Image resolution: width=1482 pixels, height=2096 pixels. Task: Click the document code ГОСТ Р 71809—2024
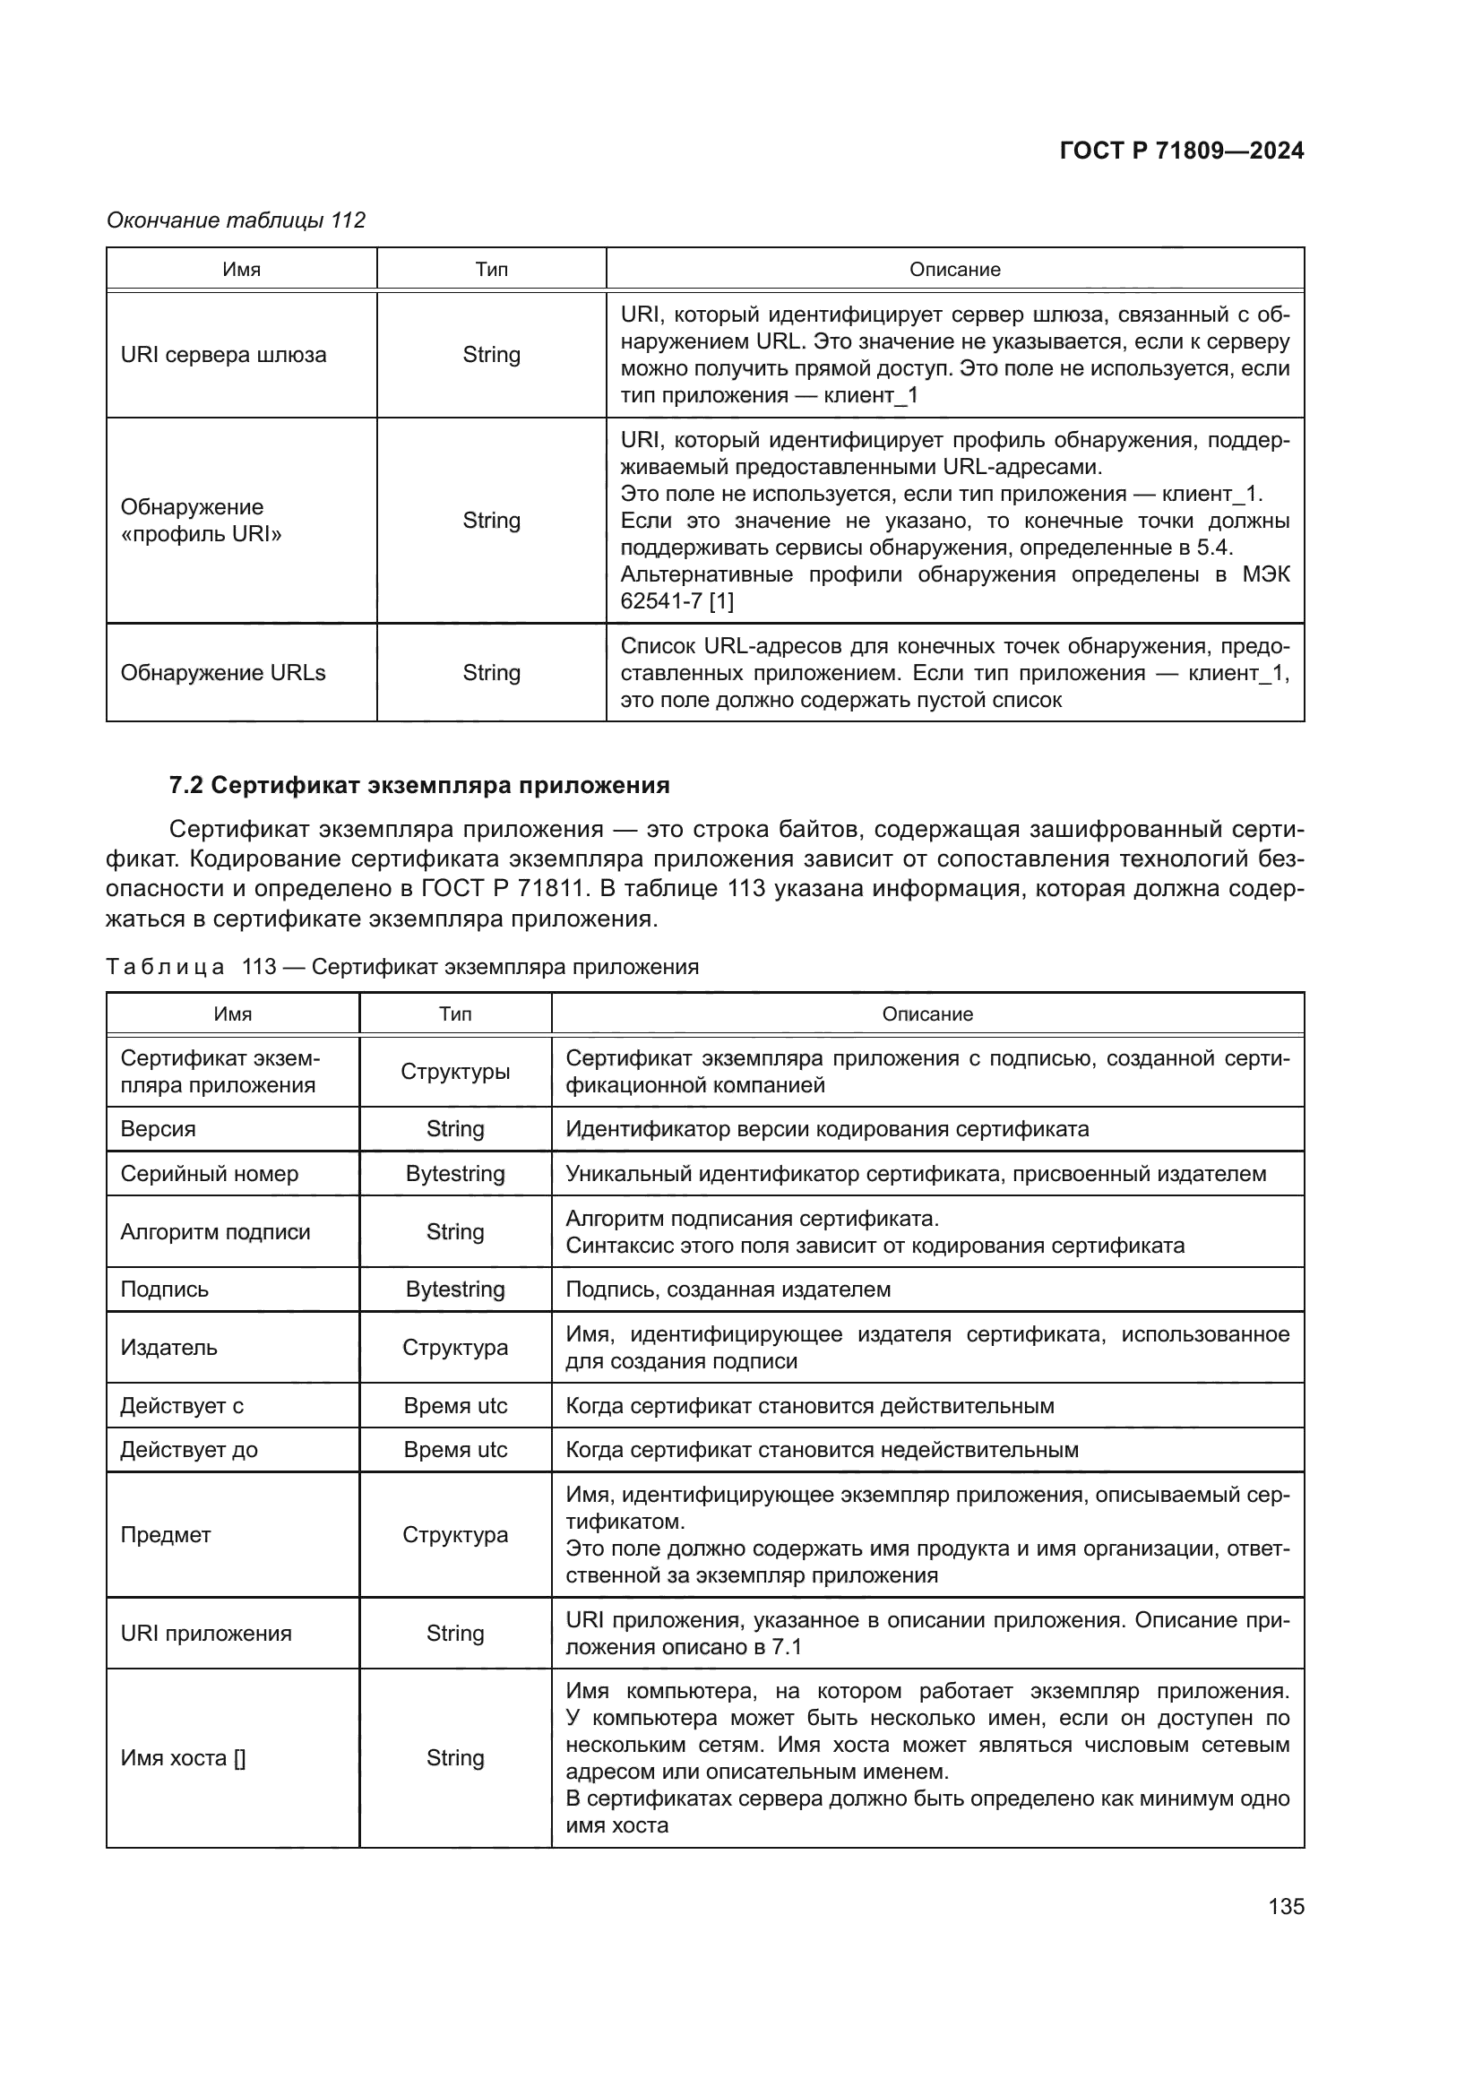(1181, 151)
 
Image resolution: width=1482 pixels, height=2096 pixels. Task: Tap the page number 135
(1285, 1906)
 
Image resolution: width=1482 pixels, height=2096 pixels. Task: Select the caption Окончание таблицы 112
(236, 220)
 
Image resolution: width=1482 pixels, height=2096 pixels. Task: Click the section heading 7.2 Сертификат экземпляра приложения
(418, 785)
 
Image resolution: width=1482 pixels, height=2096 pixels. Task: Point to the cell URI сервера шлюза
(224, 355)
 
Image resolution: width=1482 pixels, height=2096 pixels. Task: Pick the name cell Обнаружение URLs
(223, 673)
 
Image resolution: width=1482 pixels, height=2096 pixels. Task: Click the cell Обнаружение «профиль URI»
(201, 521)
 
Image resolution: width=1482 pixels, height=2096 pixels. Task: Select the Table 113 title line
(401, 967)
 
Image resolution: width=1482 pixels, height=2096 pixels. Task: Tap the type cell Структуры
(454, 1072)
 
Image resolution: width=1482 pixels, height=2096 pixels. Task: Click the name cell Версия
(158, 1129)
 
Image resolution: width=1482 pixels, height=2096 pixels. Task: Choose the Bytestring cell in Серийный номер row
(454, 1174)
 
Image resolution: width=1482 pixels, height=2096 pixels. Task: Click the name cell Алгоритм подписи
(215, 1232)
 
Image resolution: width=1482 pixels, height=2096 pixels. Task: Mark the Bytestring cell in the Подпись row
(454, 1290)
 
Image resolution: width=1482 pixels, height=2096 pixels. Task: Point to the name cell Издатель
(168, 1349)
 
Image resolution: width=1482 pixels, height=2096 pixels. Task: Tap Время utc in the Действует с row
(454, 1406)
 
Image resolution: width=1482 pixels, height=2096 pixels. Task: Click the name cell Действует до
(189, 1451)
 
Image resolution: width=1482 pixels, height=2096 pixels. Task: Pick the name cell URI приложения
(206, 1635)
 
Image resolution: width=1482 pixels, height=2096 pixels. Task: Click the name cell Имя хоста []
(183, 1758)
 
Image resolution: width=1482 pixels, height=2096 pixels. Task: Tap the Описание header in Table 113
(926, 1014)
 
